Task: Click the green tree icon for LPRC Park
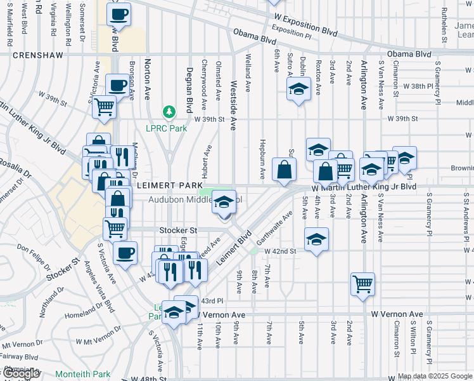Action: coord(169,112)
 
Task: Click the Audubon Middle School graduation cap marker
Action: coord(223,203)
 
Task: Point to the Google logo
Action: coord(21,373)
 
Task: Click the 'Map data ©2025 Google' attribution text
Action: coord(435,376)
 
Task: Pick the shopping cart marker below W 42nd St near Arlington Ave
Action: coord(362,284)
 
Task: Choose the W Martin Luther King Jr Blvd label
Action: coord(364,188)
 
